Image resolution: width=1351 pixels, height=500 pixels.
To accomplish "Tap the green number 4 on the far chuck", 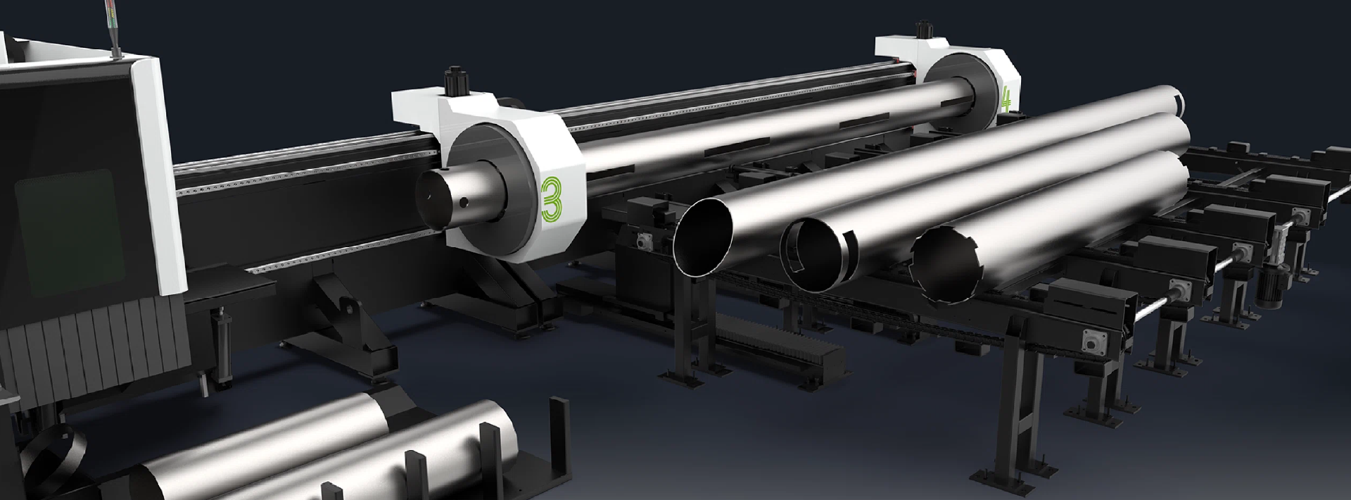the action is [1006, 99].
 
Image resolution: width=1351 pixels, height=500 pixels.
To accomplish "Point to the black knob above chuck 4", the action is [920, 32].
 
